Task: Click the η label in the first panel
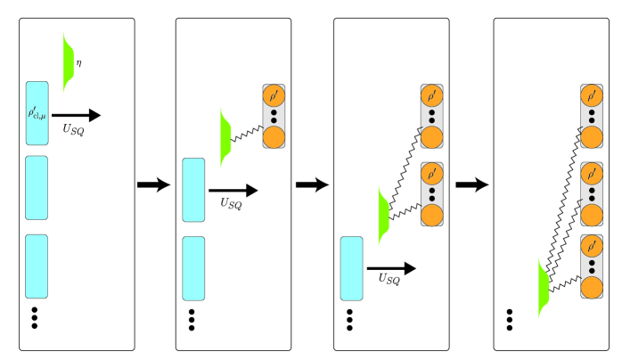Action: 78,63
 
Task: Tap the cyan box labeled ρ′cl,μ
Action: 37,112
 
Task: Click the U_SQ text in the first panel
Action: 75,130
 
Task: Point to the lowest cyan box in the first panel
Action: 37,266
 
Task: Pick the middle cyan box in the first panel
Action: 37,188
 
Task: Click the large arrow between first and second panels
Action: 153,184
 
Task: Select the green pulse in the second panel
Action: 225,136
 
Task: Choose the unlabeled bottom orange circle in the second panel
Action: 274,136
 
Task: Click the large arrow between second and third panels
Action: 312,184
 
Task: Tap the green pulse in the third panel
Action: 384,216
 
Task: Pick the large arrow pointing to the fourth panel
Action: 471,184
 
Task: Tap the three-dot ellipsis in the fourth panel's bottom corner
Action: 510,319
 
